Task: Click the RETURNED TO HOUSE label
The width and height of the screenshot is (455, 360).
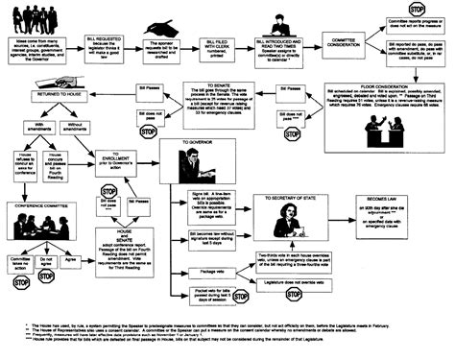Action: click(x=62, y=100)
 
